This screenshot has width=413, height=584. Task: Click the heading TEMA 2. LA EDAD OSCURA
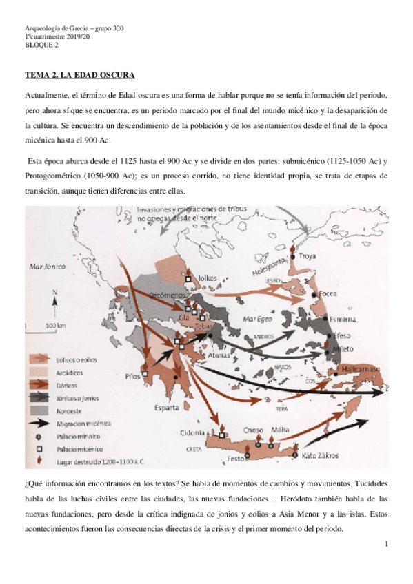point(79,74)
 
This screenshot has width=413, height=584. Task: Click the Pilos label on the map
point(132,377)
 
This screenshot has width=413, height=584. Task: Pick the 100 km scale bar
point(56,324)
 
